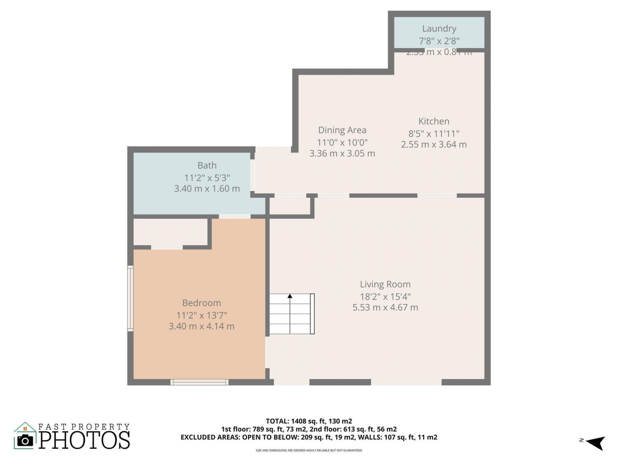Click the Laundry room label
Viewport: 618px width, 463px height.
click(439, 29)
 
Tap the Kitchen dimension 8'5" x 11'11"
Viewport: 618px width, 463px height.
click(434, 133)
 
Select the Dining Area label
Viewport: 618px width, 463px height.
click(342, 130)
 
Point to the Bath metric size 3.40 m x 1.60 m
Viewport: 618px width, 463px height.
click(207, 189)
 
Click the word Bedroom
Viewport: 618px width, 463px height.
click(201, 303)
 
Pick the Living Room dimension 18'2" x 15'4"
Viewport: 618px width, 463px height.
click(385, 296)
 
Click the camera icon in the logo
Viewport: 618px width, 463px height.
click(25, 440)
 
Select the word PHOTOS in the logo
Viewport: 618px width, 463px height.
click(85, 440)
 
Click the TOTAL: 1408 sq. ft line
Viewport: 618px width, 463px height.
click(309, 421)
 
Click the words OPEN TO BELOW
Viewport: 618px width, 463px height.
click(270, 437)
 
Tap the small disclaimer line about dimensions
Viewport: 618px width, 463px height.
click(309, 450)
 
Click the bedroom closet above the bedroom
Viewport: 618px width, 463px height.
click(170, 232)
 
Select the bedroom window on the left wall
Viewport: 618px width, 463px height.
click(130, 298)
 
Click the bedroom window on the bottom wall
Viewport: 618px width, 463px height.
click(199, 382)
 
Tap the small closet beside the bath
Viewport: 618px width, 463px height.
click(290, 206)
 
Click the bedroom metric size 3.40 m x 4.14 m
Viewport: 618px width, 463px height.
click(201, 326)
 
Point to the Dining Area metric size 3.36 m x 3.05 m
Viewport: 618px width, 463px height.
click(342, 153)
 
